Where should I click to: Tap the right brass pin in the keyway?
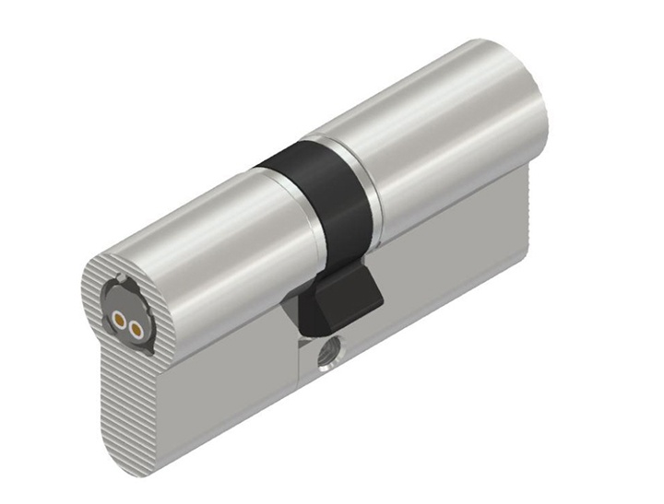click(136, 328)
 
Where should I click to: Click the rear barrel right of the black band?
click(443, 138)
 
